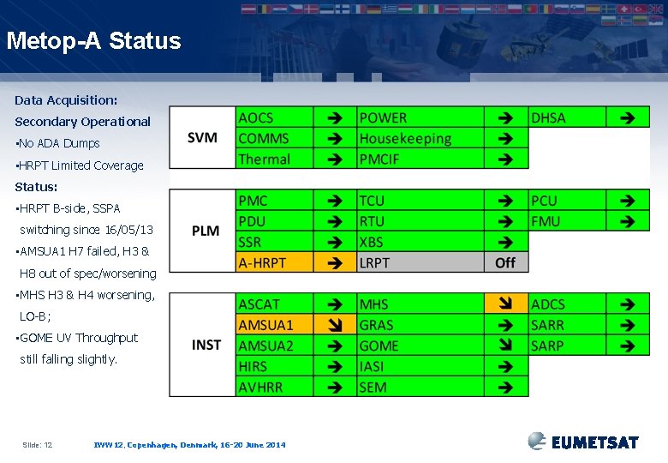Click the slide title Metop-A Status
pos(93,41)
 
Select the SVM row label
pos(202,137)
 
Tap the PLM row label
pos(206,231)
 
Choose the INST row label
pos(206,345)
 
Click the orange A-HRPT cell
pos(274,262)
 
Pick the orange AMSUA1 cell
pos(274,325)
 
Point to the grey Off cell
pos(506,262)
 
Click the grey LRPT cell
pos(420,262)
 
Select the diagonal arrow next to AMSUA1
pos(335,325)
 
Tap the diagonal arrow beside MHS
pos(506,304)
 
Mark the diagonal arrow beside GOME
pos(506,346)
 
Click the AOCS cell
pos(274,117)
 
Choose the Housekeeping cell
pos(420,138)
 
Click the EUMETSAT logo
pos(583,442)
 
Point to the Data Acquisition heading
pos(66,100)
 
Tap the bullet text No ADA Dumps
pos(58,143)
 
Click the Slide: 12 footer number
pos(37,444)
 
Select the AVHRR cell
pos(274,387)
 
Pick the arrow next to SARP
pos(628,346)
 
